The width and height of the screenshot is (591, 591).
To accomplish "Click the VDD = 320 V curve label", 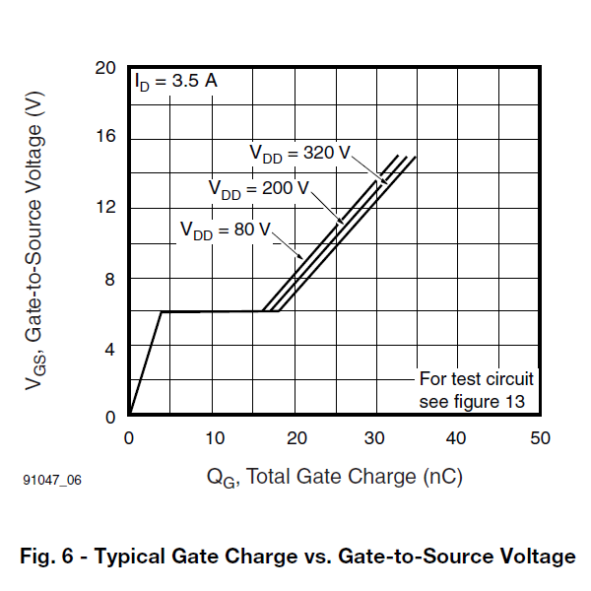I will pyautogui.click(x=299, y=154).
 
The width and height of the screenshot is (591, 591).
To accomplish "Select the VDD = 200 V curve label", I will pyautogui.click(x=258, y=189).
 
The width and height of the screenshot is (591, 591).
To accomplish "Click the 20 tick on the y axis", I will pyautogui.click(x=105, y=68).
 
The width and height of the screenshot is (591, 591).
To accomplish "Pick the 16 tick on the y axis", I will pyautogui.click(x=105, y=137).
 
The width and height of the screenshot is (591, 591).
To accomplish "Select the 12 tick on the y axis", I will pyautogui.click(x=105, y=207).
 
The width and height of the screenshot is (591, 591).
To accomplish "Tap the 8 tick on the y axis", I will pyautogui.click(x=110, y=278).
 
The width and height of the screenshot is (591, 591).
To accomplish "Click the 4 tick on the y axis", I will pyautogui.click(x=110, y=348).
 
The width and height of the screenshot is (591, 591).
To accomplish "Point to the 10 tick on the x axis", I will pyautogui.click(x=212, y=437).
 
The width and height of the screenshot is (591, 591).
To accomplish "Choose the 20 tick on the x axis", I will pyautogui.click(x=294, y=437).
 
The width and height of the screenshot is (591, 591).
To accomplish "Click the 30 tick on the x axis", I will pyautogui.click(x=375, y=437).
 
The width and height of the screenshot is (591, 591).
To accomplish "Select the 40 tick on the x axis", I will pyautogui.click(x=457, y=437).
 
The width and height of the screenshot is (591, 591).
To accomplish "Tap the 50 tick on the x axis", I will pyautogui.click(x=539, y=437).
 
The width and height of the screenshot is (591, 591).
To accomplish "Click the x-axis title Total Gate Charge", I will pyautogui.click(x=334, y=478).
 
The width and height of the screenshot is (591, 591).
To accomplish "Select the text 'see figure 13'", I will pyautogui.click(x=472, y=401).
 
